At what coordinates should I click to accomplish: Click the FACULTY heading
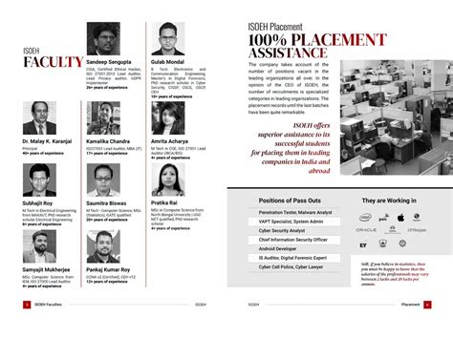point(53,63)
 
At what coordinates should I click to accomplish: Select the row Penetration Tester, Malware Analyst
point(295,212)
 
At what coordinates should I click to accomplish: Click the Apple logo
point(401,218)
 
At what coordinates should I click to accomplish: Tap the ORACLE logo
point(366,230)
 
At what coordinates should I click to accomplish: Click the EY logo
point(364,244)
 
